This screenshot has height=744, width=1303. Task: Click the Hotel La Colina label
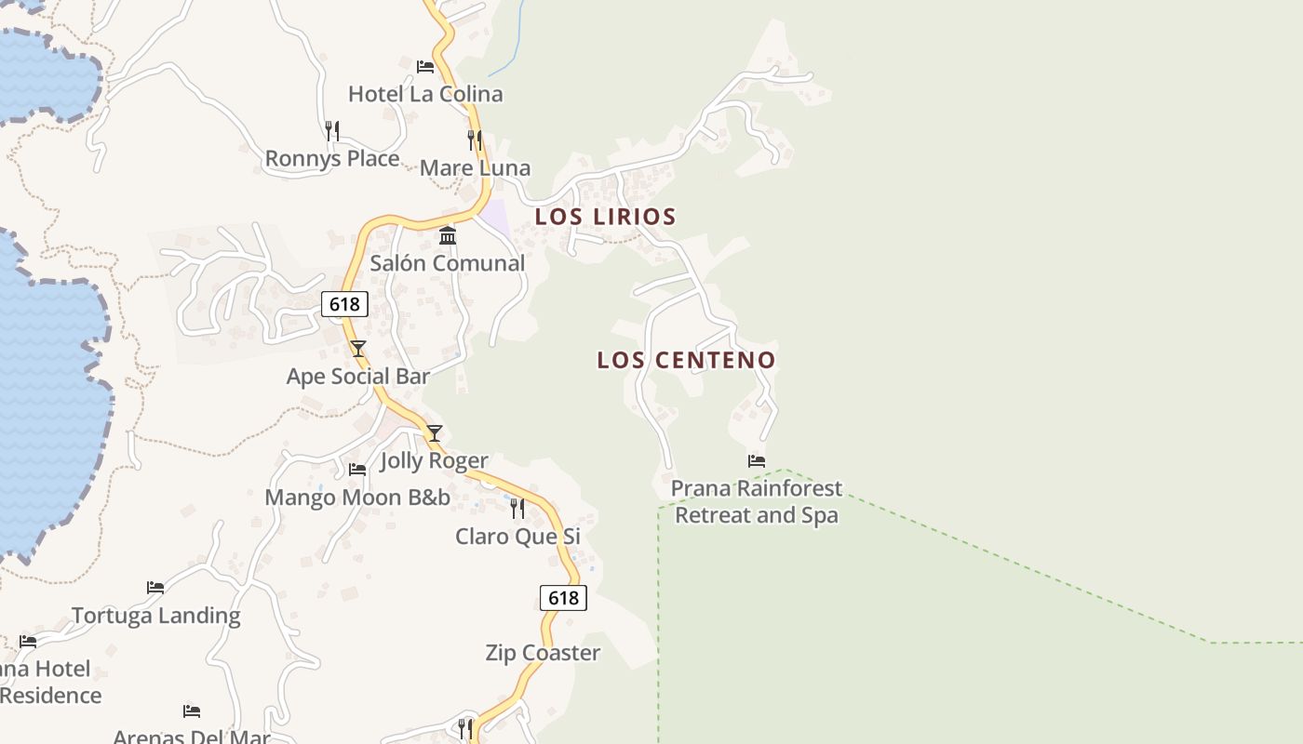425,94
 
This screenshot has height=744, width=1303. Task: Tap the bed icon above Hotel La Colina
425,67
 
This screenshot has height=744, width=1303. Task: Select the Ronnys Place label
332,159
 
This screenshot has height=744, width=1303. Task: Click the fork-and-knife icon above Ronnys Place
332,131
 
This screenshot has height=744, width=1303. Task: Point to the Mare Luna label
475,168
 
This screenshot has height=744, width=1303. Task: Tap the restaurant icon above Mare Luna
475,140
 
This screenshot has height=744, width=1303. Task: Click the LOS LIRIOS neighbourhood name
605,217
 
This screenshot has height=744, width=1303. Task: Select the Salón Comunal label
448,263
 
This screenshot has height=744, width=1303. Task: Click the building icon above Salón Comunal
448,235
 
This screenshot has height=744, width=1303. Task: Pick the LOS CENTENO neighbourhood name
686,360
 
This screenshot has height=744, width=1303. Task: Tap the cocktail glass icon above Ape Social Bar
358,349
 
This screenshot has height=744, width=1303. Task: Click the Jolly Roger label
434,461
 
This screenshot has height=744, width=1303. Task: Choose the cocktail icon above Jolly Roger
434,433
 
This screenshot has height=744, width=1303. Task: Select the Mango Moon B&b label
357,498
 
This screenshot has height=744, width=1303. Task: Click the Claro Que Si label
517,537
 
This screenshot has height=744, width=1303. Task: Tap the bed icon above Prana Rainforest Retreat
757,460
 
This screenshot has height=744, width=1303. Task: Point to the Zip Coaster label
543,653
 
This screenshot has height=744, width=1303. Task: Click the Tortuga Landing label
155,616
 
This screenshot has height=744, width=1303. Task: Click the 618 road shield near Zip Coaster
563,598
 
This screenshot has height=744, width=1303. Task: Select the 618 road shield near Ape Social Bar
344,304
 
